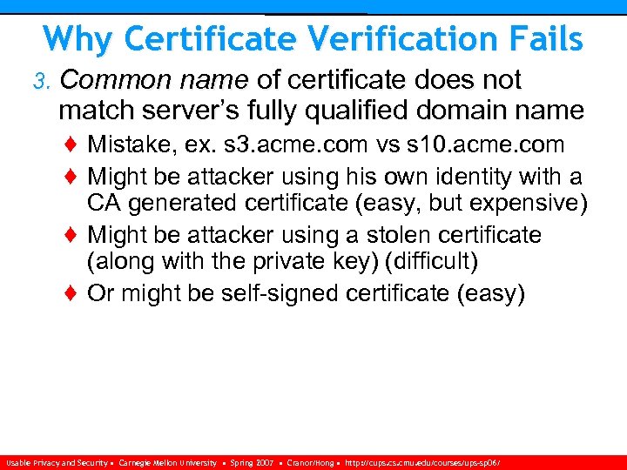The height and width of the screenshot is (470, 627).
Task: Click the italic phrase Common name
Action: tap(155, 80)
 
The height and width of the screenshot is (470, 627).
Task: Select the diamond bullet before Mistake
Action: tap(72, 144)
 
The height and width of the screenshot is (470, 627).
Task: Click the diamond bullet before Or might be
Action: tap(72, 294)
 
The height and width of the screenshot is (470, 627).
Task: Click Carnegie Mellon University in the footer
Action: tap(168, 463)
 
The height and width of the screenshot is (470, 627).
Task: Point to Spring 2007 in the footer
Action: tap(252, 463)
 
